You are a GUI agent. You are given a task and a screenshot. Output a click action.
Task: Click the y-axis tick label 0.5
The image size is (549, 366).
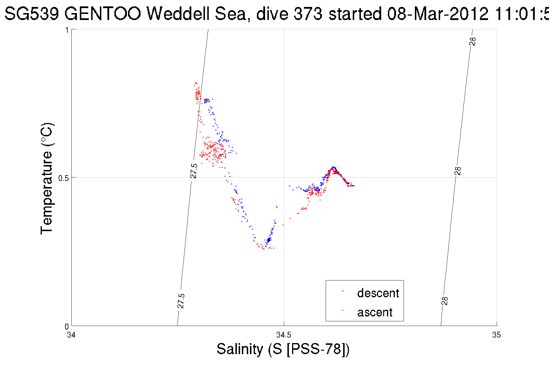63,178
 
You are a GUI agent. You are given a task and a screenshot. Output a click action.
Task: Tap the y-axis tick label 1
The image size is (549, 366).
67,30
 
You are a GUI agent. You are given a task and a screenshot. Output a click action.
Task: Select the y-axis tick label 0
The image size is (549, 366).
66,327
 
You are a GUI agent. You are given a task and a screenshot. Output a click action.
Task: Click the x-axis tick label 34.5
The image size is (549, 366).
284,335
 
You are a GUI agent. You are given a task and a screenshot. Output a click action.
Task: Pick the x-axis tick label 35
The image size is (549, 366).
496,335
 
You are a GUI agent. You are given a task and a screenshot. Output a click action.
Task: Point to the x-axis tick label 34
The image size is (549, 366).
71,335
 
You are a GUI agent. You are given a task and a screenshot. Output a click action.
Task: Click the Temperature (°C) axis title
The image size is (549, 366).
46,178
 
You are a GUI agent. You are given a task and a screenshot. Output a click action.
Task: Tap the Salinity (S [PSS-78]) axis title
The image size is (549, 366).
283,349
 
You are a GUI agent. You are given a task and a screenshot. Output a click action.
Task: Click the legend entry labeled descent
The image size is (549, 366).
378,293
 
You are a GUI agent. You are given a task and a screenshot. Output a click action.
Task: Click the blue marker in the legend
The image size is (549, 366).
343,291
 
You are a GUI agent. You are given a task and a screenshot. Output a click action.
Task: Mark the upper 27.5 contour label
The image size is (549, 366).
194,171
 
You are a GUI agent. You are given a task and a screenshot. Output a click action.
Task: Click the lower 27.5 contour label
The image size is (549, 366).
181,301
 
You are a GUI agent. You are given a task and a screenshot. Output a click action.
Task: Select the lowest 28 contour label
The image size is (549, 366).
445,301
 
